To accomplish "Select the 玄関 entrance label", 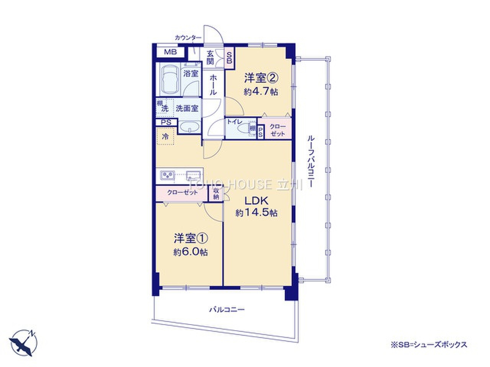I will [210, 57].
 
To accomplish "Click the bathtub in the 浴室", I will [169, 80].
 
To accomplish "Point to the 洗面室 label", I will [187, 108].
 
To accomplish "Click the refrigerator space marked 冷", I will [165, 136].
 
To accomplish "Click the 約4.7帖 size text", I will [262, 92].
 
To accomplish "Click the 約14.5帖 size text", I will [256, 213].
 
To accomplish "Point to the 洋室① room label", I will [191, 239].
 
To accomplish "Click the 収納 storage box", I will [216, 194].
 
